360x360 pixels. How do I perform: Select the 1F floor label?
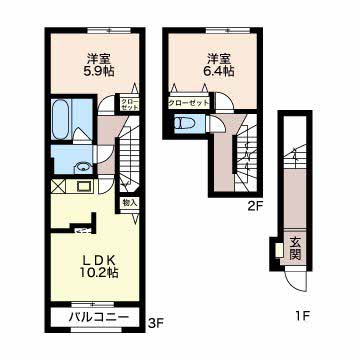click(305, 319)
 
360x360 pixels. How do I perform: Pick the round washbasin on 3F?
click(84, 167)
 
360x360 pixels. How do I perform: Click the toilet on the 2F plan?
click(185, 124)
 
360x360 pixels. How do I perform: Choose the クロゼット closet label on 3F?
click(129, 104)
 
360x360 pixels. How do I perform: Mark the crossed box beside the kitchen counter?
click(56, 186)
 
